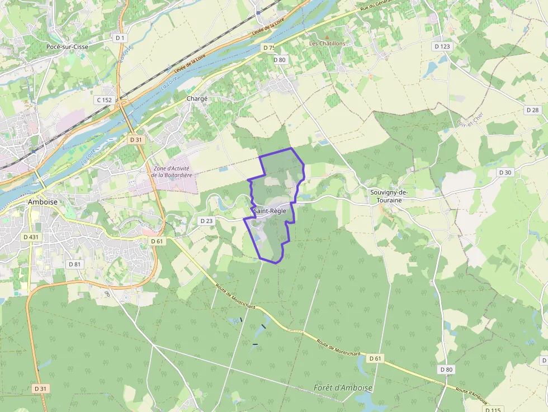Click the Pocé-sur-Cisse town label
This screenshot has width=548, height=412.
coord(68,46)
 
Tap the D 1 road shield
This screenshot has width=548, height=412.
coord(119,37)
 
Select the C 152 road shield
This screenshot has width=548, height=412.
coord(105,100)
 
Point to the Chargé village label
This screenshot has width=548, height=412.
coord(197,98)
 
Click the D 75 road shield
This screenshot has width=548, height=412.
coord(268,48)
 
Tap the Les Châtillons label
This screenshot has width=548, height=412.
coord(328,43)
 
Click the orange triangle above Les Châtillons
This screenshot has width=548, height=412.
coord(328,36)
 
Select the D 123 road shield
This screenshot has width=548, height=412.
coord(442,46)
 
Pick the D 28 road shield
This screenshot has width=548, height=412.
coord(533,110)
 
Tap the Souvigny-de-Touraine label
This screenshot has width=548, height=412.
coord(389,196)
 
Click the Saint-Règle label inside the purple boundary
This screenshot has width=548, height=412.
coord(270,211)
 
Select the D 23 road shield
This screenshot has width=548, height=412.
coord(206,221)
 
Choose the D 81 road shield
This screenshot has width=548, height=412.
coord(74,264)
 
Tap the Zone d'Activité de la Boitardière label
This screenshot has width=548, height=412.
coord(171,172)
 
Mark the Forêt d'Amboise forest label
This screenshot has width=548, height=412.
coord(343,387)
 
